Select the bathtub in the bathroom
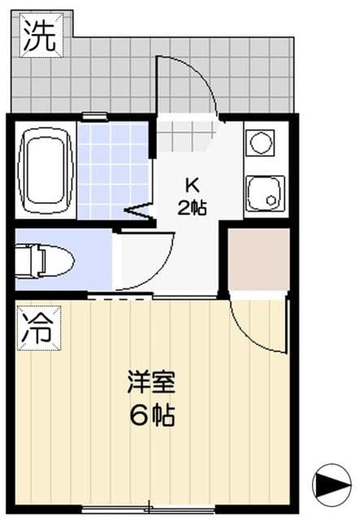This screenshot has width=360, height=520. (46, 170)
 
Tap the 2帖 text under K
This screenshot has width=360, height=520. (192, 206)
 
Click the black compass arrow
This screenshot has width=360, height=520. (329, 481)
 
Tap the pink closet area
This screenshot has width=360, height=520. (258, 259)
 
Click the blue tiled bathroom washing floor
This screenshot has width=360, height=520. (113, 170)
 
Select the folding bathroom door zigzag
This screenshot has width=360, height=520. (140, 212)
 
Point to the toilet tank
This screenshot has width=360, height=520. (25, 260)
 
